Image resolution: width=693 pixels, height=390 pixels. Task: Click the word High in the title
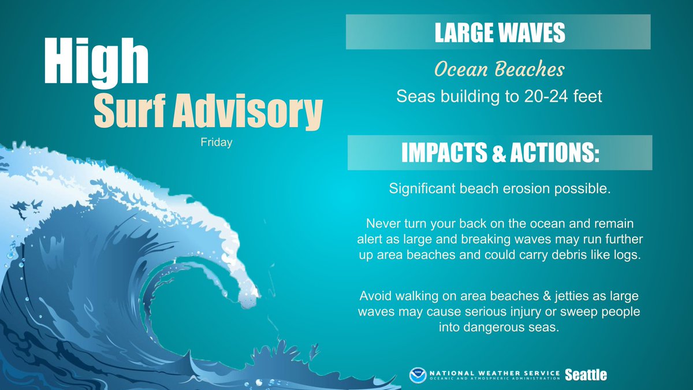coord(96,61)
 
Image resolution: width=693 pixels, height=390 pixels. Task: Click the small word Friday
coord(213,142)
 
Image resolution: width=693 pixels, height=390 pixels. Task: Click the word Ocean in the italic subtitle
coord(460,70)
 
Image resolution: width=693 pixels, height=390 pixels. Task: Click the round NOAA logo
coord(418,374)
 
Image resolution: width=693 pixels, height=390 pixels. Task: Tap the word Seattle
coord(586,375)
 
